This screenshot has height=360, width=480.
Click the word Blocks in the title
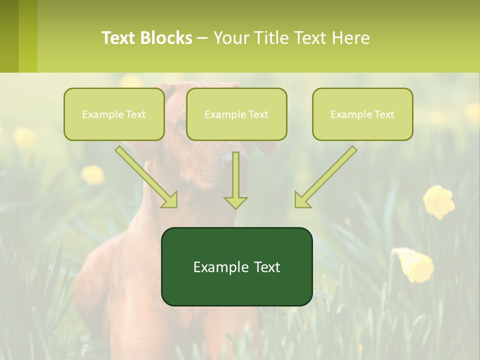point(166,38)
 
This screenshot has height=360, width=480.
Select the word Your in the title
point(231,38)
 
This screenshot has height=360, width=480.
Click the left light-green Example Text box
point(114,114)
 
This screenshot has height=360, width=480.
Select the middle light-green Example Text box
point(236,114)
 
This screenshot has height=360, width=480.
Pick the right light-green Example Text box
point(362,114)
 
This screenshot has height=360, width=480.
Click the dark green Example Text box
point(236,266)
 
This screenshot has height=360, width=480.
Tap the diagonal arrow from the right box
point(325,177)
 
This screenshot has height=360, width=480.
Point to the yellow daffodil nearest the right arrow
point(439,201)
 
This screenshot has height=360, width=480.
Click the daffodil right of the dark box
point(416,263)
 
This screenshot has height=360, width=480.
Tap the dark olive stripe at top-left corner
point(9,36)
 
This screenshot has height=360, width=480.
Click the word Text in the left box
point(136,114)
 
